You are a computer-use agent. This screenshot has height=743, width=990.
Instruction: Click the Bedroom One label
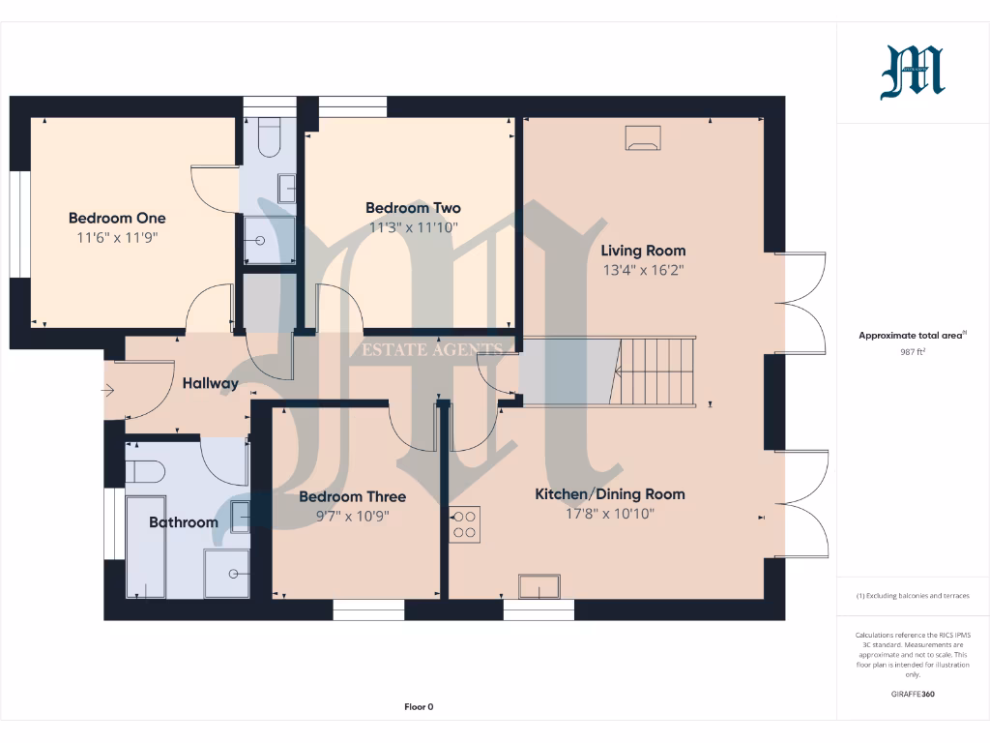117,218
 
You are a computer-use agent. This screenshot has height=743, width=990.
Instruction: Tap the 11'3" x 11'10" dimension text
413,227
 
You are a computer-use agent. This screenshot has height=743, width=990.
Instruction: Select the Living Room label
643,251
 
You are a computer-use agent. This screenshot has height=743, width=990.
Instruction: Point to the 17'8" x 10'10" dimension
610,514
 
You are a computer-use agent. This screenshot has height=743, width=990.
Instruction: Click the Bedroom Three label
352,496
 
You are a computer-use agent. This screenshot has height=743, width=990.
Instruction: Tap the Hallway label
210,383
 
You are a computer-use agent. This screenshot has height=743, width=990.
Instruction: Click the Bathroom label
183,522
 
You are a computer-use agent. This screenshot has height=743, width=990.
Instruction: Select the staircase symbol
656,371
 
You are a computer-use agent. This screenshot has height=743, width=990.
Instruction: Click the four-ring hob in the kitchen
465,523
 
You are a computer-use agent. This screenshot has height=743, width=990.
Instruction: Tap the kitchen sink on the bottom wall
539,586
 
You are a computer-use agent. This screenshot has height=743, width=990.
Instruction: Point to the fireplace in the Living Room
644,138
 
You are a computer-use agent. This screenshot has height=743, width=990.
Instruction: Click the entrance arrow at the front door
108,391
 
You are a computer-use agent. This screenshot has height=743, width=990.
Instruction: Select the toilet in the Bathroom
144,471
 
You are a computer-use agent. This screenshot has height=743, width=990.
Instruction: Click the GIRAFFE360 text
913,694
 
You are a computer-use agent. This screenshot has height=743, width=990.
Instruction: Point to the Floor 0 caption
419,707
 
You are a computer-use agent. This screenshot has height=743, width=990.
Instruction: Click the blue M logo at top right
913,74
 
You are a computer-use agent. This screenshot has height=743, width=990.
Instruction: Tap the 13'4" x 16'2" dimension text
643,271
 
